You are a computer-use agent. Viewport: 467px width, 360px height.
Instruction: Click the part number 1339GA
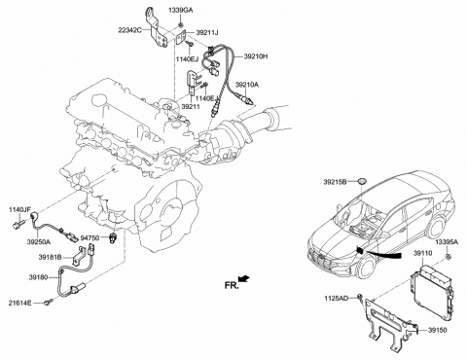[182, 9]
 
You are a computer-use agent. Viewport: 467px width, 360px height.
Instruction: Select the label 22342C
[157, 32]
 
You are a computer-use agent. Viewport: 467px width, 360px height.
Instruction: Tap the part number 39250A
[39, 240]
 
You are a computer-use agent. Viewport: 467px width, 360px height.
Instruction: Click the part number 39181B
[51, 258]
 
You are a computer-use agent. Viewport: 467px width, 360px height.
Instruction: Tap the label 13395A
[447, 240]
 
